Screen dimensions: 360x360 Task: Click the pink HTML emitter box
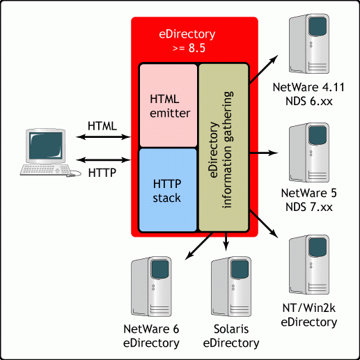click(169, 106)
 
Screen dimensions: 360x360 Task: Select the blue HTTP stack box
click(168, 190)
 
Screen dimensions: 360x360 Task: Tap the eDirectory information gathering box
click(224, 148)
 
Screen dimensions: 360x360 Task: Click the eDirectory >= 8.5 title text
click(187, 41)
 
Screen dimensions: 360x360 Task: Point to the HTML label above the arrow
click(102, 126)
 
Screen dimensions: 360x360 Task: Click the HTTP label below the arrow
click(102, 173)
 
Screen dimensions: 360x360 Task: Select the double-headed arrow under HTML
click(104, 137)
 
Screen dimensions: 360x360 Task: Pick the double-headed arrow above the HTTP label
click(104, 159)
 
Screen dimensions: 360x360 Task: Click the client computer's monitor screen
click(46, 146)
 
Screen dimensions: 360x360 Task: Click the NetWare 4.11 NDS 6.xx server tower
click(309, 43)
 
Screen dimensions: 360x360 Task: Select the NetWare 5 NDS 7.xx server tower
click(309, 152)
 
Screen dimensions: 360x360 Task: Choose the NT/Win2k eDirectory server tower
click(309, 265)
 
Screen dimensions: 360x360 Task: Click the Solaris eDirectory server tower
click(231, 286)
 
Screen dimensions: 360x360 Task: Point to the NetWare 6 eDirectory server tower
click(151, 286)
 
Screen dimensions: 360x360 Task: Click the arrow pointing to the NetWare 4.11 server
click(264, 70)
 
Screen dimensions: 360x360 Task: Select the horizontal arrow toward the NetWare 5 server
click(264, 152)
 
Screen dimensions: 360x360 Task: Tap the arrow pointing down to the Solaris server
click(226, 242)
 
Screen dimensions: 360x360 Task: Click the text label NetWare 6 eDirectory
click(151, 336)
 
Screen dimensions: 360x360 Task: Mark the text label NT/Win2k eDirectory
click(309, 315)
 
